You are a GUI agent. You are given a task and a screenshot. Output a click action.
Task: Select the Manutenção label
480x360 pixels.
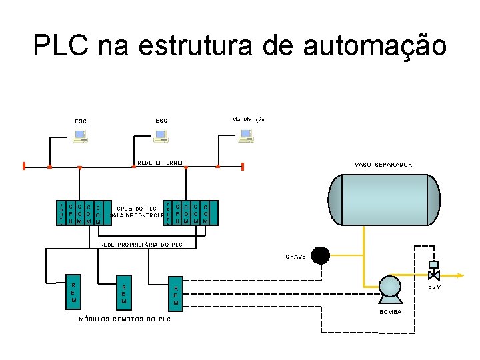tap(249, 119)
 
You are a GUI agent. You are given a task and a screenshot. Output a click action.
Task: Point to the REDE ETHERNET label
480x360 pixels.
tap(160, 163)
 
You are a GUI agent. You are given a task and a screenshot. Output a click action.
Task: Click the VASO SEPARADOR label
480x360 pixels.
tap(383, 164)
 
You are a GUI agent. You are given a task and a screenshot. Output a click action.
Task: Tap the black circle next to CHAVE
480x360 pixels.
tap(321, 255)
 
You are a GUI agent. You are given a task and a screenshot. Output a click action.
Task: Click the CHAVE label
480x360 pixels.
tap(295, 256)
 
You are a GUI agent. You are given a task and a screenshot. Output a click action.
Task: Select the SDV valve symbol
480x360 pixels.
tap(433, 274)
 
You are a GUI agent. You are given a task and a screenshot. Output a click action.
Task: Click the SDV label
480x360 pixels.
tap(434, 287)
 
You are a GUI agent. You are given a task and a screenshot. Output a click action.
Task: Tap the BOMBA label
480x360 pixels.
tap(391, 312)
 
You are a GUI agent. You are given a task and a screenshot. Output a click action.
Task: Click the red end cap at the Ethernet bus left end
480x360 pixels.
tap(23, 166)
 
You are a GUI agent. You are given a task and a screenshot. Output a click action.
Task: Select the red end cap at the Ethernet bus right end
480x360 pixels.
tap(243, 166)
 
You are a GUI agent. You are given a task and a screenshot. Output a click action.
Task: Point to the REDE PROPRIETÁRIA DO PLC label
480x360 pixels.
tap(141, 245)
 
